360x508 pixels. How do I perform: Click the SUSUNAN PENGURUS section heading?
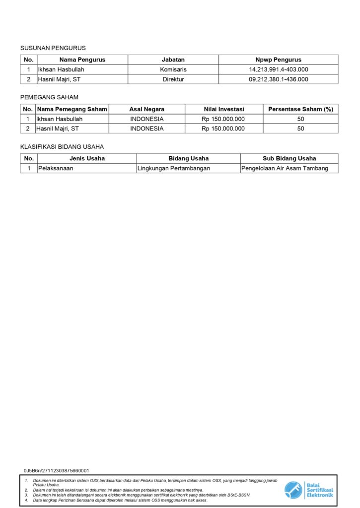pyautogui.click(x=53, y=48)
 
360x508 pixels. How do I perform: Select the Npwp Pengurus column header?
pyautogui.click(x=279, y=60)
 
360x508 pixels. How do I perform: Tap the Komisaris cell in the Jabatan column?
pyautogui.click(x=173, y=69)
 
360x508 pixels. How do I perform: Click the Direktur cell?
pyautogui.click(x=173, y=79)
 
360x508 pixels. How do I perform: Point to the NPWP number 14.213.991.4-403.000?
pyautogui.click(x=279, y=69)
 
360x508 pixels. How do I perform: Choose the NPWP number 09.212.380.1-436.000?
pyautogui.click(x=279, y=79)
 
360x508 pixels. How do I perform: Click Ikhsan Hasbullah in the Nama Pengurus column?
pyautogui.click(x=61, y=69)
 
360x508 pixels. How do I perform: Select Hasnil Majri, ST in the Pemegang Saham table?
pyautogui.click(x=58, y=128)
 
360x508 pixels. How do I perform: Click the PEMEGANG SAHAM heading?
pyautogui.click(x=49, y=97)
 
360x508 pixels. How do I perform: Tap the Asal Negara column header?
pyautogui.click(x=146, y=109)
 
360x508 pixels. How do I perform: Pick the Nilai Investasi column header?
pyautogui.click(x=223, y=109)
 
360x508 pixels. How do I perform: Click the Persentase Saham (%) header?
pyautogui.click(x=300, y=109)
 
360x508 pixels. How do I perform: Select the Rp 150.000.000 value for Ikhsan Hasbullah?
pyautogui.click(x=223, y=119)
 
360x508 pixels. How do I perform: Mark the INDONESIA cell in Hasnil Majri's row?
pyautogui.click(x=146, y=128)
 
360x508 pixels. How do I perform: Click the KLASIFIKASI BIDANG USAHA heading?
pyautogui.click(x=62, y=147)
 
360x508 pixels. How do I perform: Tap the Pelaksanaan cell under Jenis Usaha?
pyautogui.click(x=56, y=168)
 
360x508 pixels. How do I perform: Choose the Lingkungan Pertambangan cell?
pyautogui.click(x=174, y=168)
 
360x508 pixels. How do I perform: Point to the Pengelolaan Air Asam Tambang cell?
pyautogui.click(x=285, y=168)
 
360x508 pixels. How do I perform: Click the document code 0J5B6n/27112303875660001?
pyautogui.click(x=56, y=470)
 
